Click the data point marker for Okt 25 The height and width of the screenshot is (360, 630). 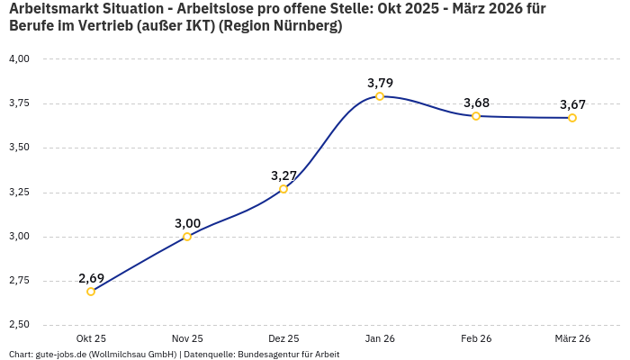click(x=91, y=292)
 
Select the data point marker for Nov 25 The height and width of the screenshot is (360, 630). click(x=187, y=237)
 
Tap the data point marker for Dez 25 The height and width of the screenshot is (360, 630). click(x=283, y=189)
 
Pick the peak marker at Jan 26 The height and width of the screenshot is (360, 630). click(x=380, y=96)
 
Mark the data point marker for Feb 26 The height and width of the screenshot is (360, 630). click(x=476, y=116)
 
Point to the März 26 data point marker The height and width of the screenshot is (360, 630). click(x=572, y=118)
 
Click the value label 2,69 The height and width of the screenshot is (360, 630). click(x=91, y=277)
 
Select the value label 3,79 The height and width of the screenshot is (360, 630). click(x=380, y=83)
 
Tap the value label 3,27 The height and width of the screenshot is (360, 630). click(x=283, y=175)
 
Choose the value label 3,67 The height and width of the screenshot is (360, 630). click(x=572, y=104)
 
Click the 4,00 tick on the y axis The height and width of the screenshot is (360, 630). click(x=19, y=58)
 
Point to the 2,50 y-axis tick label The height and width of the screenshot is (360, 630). click(x=19, y=325)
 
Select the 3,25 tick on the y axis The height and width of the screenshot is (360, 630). click(x=19, y=192)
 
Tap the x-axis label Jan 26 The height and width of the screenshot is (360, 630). click(x=380, y=338)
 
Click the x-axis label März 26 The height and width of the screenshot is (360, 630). click(x=572, y=338)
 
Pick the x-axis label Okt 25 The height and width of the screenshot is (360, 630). click(x=91, y=338)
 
